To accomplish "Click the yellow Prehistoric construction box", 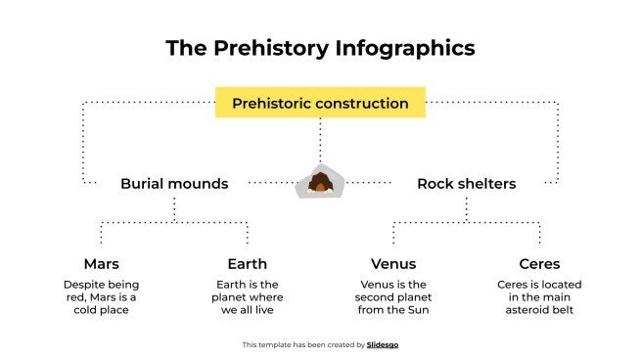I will tap(320, 103).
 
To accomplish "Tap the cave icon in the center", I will tap(320, 182).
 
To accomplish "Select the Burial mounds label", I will tap(174, 183).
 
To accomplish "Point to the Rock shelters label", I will tap(466, 183).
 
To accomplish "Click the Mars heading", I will tap(101, 264).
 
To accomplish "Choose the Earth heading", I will tap(247, 264).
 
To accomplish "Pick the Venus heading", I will tap(393, 264).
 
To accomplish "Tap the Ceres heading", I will tap(539, 264).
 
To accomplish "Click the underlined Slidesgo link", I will tap(383, 344).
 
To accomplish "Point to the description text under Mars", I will tap(101, 297).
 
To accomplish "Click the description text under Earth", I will tap(247, 297).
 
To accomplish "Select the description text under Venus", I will tap(393, 297).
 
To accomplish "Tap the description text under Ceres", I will tap(539, 297).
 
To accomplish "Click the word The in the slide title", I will tap(184, 48).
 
